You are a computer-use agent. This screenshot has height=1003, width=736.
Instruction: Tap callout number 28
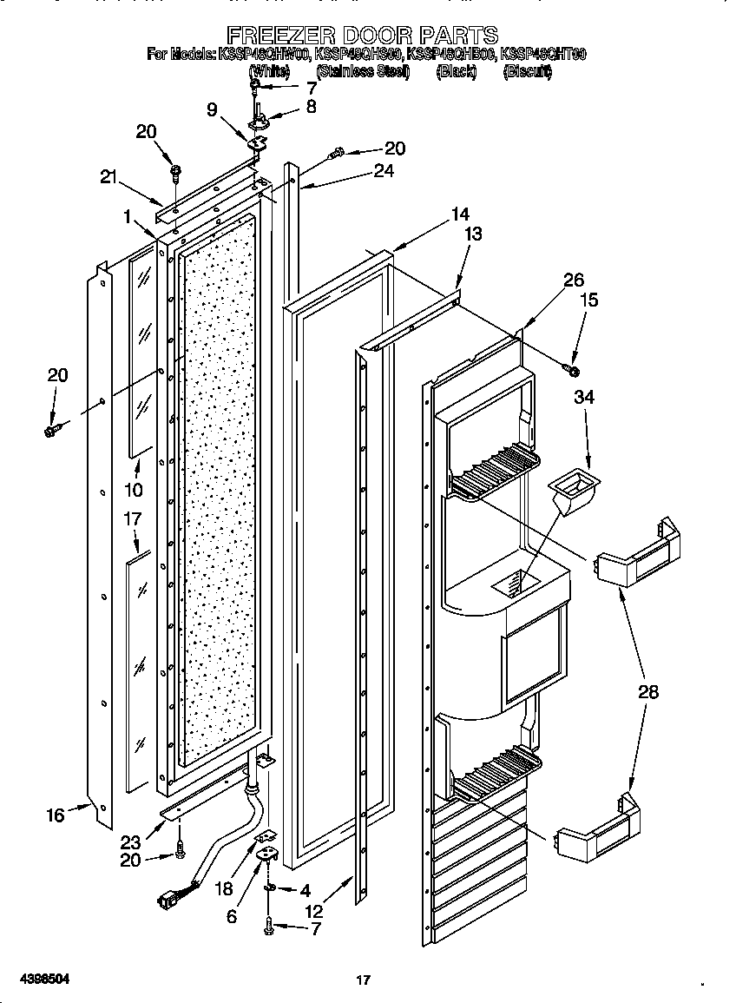pos(647,692)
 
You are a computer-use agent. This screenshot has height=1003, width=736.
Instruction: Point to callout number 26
pos(574,280)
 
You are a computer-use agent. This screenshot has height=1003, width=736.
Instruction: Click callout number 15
pos(588,300)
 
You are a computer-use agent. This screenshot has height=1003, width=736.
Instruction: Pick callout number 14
pos(459,214)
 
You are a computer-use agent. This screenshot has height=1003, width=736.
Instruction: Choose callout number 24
pos(383,171)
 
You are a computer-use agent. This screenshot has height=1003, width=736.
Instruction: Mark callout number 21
pos(108,177)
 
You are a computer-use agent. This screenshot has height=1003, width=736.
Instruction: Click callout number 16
pos(56,815)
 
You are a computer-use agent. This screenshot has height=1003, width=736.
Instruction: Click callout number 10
pos(133,490)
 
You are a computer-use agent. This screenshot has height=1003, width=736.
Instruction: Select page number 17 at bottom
pos(364,980)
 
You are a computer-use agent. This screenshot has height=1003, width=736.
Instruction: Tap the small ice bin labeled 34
pos(572,493)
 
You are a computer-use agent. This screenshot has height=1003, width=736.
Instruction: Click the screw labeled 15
pos(572,371)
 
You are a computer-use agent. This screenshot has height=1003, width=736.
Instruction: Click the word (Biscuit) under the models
pos(527,72)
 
